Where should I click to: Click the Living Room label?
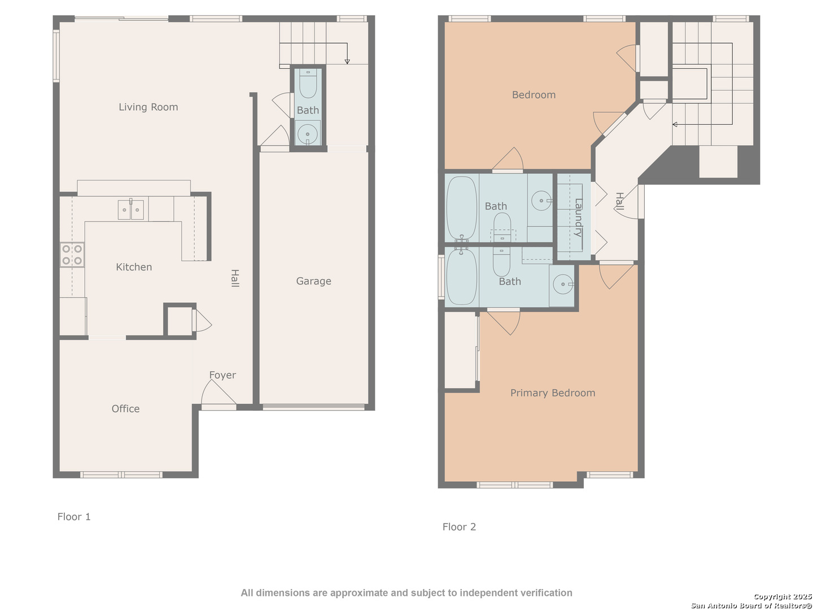(x=148, y=107)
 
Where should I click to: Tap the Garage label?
(x=313, y=281)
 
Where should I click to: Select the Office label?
(x=125, y=408)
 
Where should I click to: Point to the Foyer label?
(x=222, y=375)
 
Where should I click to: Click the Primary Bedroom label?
(x=553, y=393)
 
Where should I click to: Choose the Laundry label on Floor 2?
(x=578, y=218)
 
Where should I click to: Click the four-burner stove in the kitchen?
(x=72, y=255)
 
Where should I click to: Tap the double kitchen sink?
(x=131, y=210)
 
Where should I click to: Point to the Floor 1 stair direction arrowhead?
(x=347, y=62)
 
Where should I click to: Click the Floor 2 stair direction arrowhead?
(x=675, y=124)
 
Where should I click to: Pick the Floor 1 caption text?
(x=74, y=517)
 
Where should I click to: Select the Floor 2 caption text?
(x=459, y=526)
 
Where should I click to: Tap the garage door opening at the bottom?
(x=314, y=407)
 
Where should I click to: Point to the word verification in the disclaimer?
(x=544, y=593)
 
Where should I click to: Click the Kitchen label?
(x=134, y=267)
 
